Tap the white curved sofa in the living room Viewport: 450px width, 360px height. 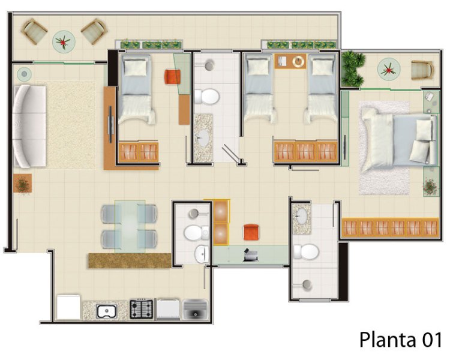click(29, 126)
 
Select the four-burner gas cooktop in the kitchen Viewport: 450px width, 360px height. click(142, 309)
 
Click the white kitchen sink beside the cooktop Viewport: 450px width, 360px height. click(106, 311)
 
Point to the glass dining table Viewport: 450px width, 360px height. click(130, 227)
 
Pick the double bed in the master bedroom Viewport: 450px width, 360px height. click(399, 140)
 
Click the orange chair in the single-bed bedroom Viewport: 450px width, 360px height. click(173, 77)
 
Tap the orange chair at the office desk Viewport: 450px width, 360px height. click(251, 232)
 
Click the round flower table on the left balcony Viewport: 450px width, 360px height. click(64, 42)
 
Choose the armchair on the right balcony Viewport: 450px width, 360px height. click(422, 70)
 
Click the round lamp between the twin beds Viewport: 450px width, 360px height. click(299, 61)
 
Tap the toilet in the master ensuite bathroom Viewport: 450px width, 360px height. click(307, 252)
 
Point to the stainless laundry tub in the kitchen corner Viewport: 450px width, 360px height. click(195, 310)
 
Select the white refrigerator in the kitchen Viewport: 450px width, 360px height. click(68, 307)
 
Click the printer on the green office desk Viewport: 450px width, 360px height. click(251, 256)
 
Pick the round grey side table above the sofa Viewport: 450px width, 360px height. click(25, 74)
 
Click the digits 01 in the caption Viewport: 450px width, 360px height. click(431, 340)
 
